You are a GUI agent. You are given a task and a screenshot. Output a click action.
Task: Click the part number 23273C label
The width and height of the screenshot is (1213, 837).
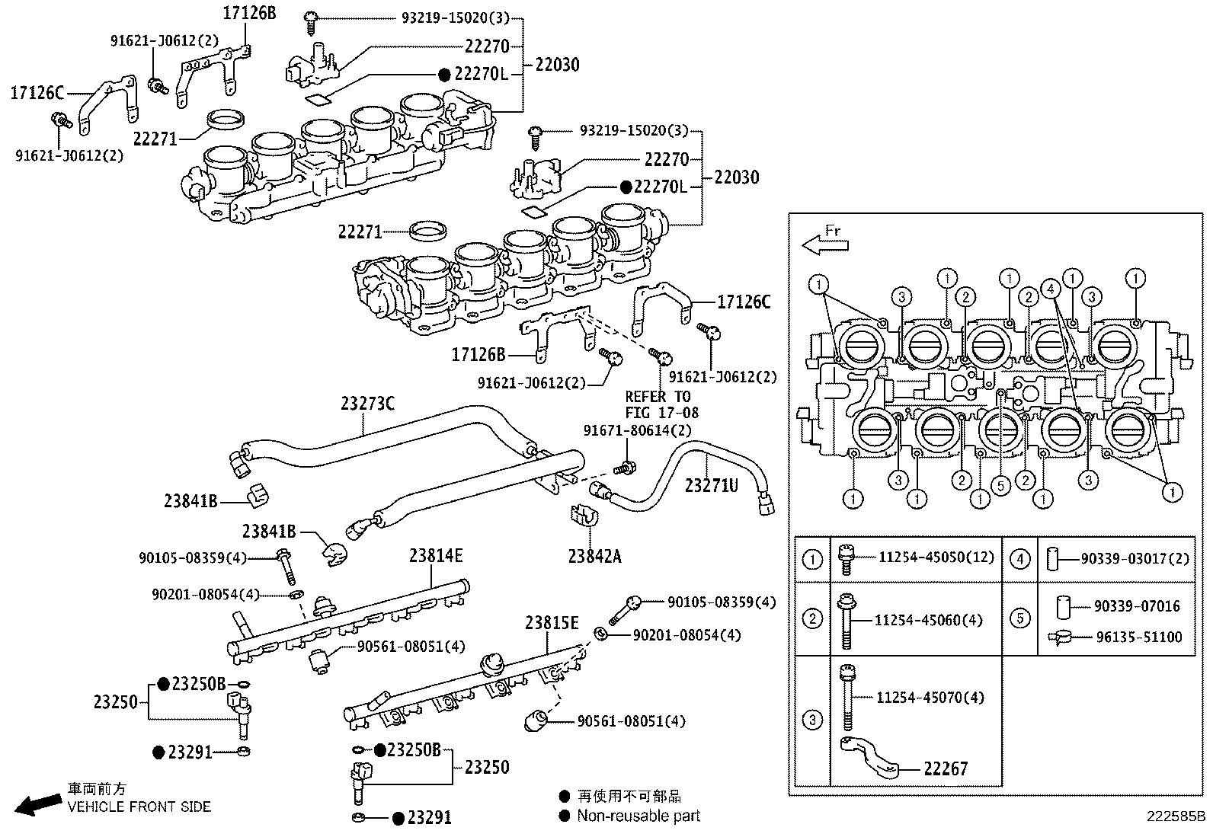(367, 404)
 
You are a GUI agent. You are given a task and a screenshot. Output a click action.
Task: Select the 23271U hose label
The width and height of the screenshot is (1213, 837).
(711, 484)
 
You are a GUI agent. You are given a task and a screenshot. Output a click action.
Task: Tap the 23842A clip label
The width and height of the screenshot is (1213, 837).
(594, 557)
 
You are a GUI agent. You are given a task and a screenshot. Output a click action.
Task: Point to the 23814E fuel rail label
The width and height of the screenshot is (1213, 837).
(435, 555)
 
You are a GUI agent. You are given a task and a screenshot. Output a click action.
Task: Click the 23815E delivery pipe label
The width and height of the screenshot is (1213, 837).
(551, 624)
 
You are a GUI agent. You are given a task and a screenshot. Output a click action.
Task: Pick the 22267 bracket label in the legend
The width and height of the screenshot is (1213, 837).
(946, 768)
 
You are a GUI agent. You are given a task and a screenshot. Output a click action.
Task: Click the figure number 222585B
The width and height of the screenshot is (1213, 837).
(1176, 816)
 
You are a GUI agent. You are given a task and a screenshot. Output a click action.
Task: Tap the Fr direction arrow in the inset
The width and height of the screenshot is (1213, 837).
(824, 244)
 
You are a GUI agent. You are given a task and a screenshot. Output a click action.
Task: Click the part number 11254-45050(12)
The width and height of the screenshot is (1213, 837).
(936, 557)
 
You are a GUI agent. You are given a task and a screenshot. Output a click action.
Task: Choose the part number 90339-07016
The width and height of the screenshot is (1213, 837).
(1137, 606)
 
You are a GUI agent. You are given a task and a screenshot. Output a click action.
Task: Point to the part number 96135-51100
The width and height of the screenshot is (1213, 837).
(1138, 637)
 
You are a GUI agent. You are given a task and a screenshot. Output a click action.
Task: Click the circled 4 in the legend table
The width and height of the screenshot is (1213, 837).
(1020, 559)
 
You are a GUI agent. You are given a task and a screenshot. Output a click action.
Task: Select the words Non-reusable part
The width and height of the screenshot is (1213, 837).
(638, 816)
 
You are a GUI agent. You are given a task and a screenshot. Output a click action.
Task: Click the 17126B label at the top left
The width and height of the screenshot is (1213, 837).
(250, 13)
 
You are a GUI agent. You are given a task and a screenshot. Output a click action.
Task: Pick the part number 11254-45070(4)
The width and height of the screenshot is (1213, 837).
(930, 697)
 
